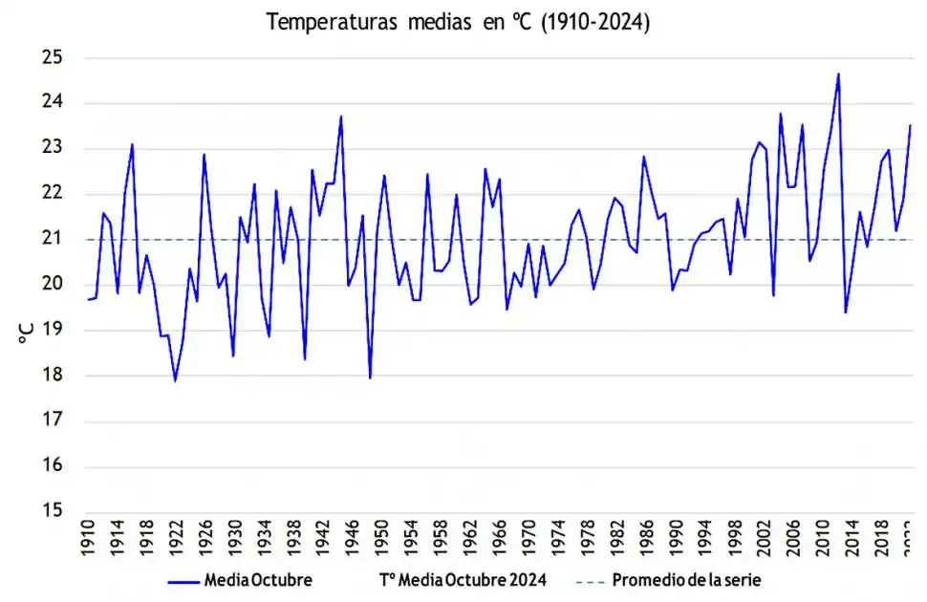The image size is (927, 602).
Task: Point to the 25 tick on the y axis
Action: pyautogui.click(x=53, y=58)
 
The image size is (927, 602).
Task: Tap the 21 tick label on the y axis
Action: pyautogui.click(x=53, y=239)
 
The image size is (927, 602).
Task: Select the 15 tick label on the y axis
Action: pyautogui.click(x=53, y=511)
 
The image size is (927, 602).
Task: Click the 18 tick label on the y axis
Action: pyautogui.click(x=53, y=376)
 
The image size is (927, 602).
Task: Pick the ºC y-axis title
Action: pyautogui.click(x=27, y=333)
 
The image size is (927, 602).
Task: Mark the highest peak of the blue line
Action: pyautogui.click(x=838, y=74)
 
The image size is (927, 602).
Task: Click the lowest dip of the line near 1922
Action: pyautogui.click(x=175, y=380)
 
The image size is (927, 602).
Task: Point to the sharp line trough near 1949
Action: pyautogui.click(x=370, y=377)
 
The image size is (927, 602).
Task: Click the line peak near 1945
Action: pyautogui.click(x=341, y=117)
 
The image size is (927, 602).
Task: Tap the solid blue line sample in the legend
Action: pyautogui.click(x=183, y=580)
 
